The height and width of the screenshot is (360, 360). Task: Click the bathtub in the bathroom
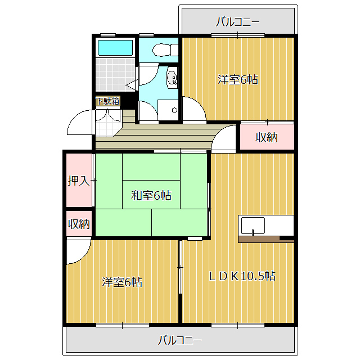115,48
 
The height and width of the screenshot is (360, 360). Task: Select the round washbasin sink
172,78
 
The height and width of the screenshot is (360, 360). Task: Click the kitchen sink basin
253,226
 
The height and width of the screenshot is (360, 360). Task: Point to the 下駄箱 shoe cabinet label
108,101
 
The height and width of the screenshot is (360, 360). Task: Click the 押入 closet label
79,181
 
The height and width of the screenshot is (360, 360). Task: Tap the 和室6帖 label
151,196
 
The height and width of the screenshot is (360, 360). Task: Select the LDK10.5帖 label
242,276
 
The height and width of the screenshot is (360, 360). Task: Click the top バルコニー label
237,22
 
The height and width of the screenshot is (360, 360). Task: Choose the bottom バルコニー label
180,340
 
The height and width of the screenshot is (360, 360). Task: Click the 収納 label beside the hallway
267,137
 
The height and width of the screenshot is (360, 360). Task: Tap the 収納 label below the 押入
79,223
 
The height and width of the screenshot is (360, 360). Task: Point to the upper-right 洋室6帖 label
237,80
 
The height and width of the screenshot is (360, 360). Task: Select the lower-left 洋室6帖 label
122,282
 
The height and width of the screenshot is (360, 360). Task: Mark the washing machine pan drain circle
174,110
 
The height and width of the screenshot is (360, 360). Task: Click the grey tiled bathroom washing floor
115,74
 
